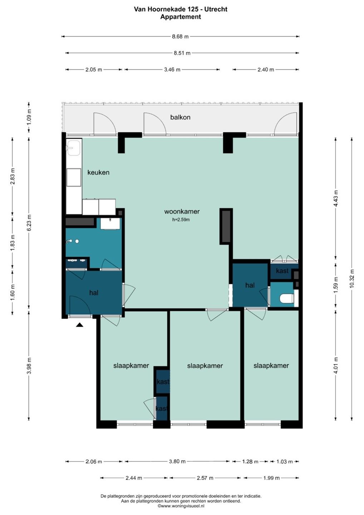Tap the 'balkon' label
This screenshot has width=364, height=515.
pos(180,117)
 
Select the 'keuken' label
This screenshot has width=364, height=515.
pos(98,172)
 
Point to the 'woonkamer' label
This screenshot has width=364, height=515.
pos(182,211)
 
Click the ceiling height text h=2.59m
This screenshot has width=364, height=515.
pos(181,220)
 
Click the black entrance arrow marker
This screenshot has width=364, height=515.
pos(79,325)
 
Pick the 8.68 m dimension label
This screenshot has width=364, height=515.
pos(181,36)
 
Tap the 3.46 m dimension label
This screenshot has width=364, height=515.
pos(172,69)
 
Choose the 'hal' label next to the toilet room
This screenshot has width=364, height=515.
pos(250,285)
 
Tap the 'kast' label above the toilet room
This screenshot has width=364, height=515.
pos(282,271)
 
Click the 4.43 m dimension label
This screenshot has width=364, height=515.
pos(336,198)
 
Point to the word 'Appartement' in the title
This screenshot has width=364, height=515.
pos(181,17)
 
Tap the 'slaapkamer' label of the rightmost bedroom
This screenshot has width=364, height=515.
pos(271,366)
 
